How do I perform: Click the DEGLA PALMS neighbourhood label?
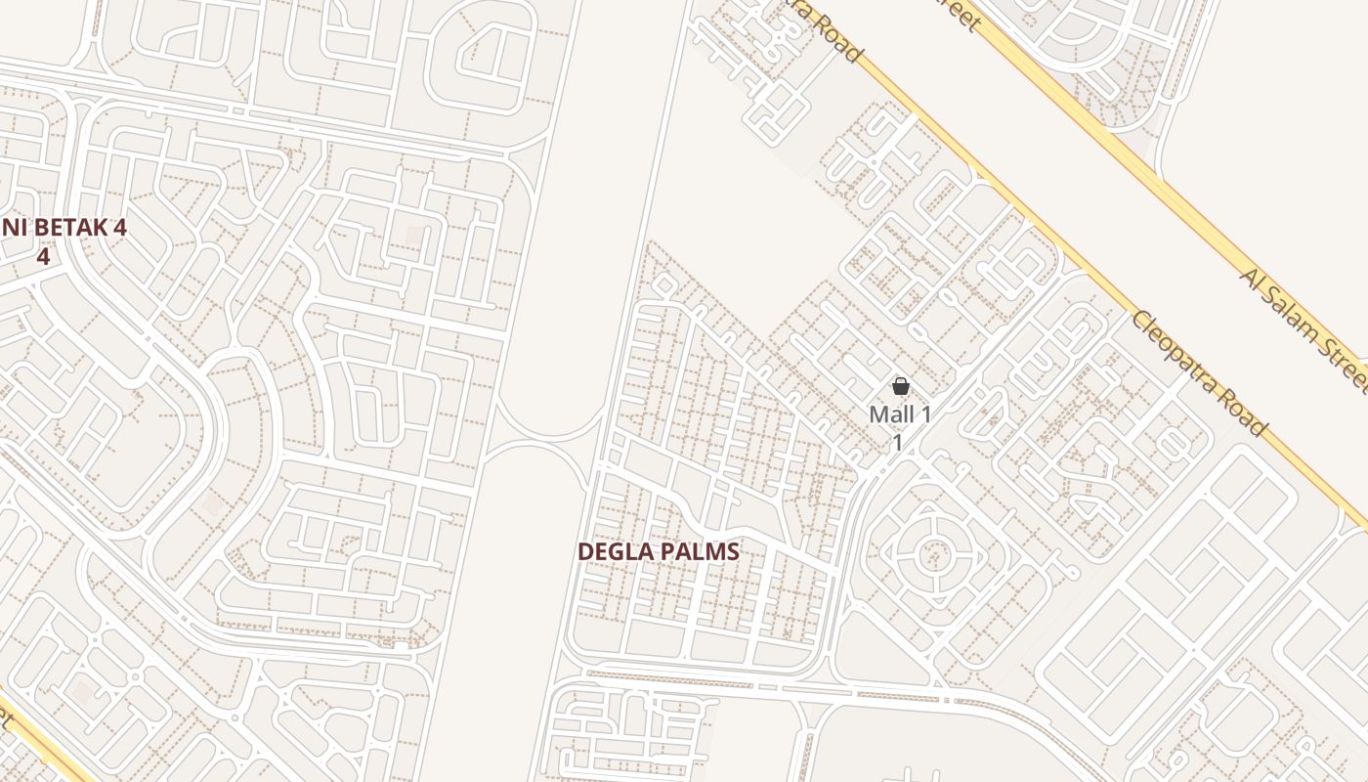pyautogui.click(x=658, y=551)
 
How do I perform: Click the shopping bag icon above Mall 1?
pyautogui.click(x=901, y=387)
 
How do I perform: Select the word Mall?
pyautogui.click(x=890, y=414)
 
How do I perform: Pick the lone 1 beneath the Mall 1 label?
pyautogui.click(x=897, y=442)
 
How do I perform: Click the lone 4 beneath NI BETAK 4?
pyautogui.click(x=43, y=256)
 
